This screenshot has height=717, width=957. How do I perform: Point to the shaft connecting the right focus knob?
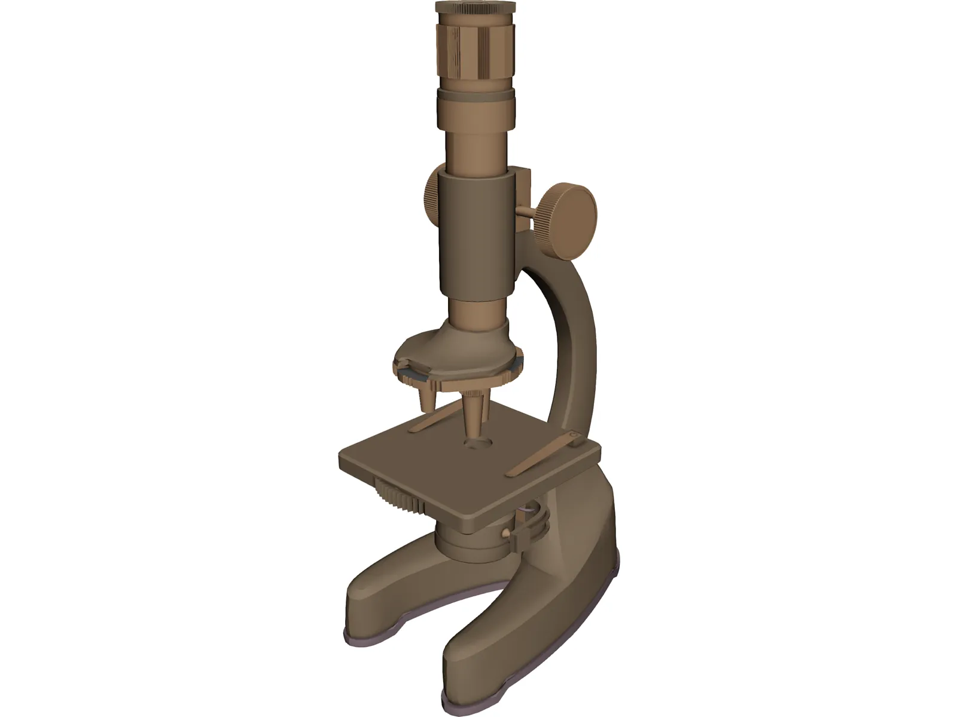coord(525,211)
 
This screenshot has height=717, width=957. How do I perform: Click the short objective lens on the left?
coord(426,397)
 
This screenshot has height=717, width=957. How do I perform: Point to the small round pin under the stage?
coord(507,532)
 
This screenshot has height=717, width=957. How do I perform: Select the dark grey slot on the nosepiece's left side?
coord(412,375)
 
